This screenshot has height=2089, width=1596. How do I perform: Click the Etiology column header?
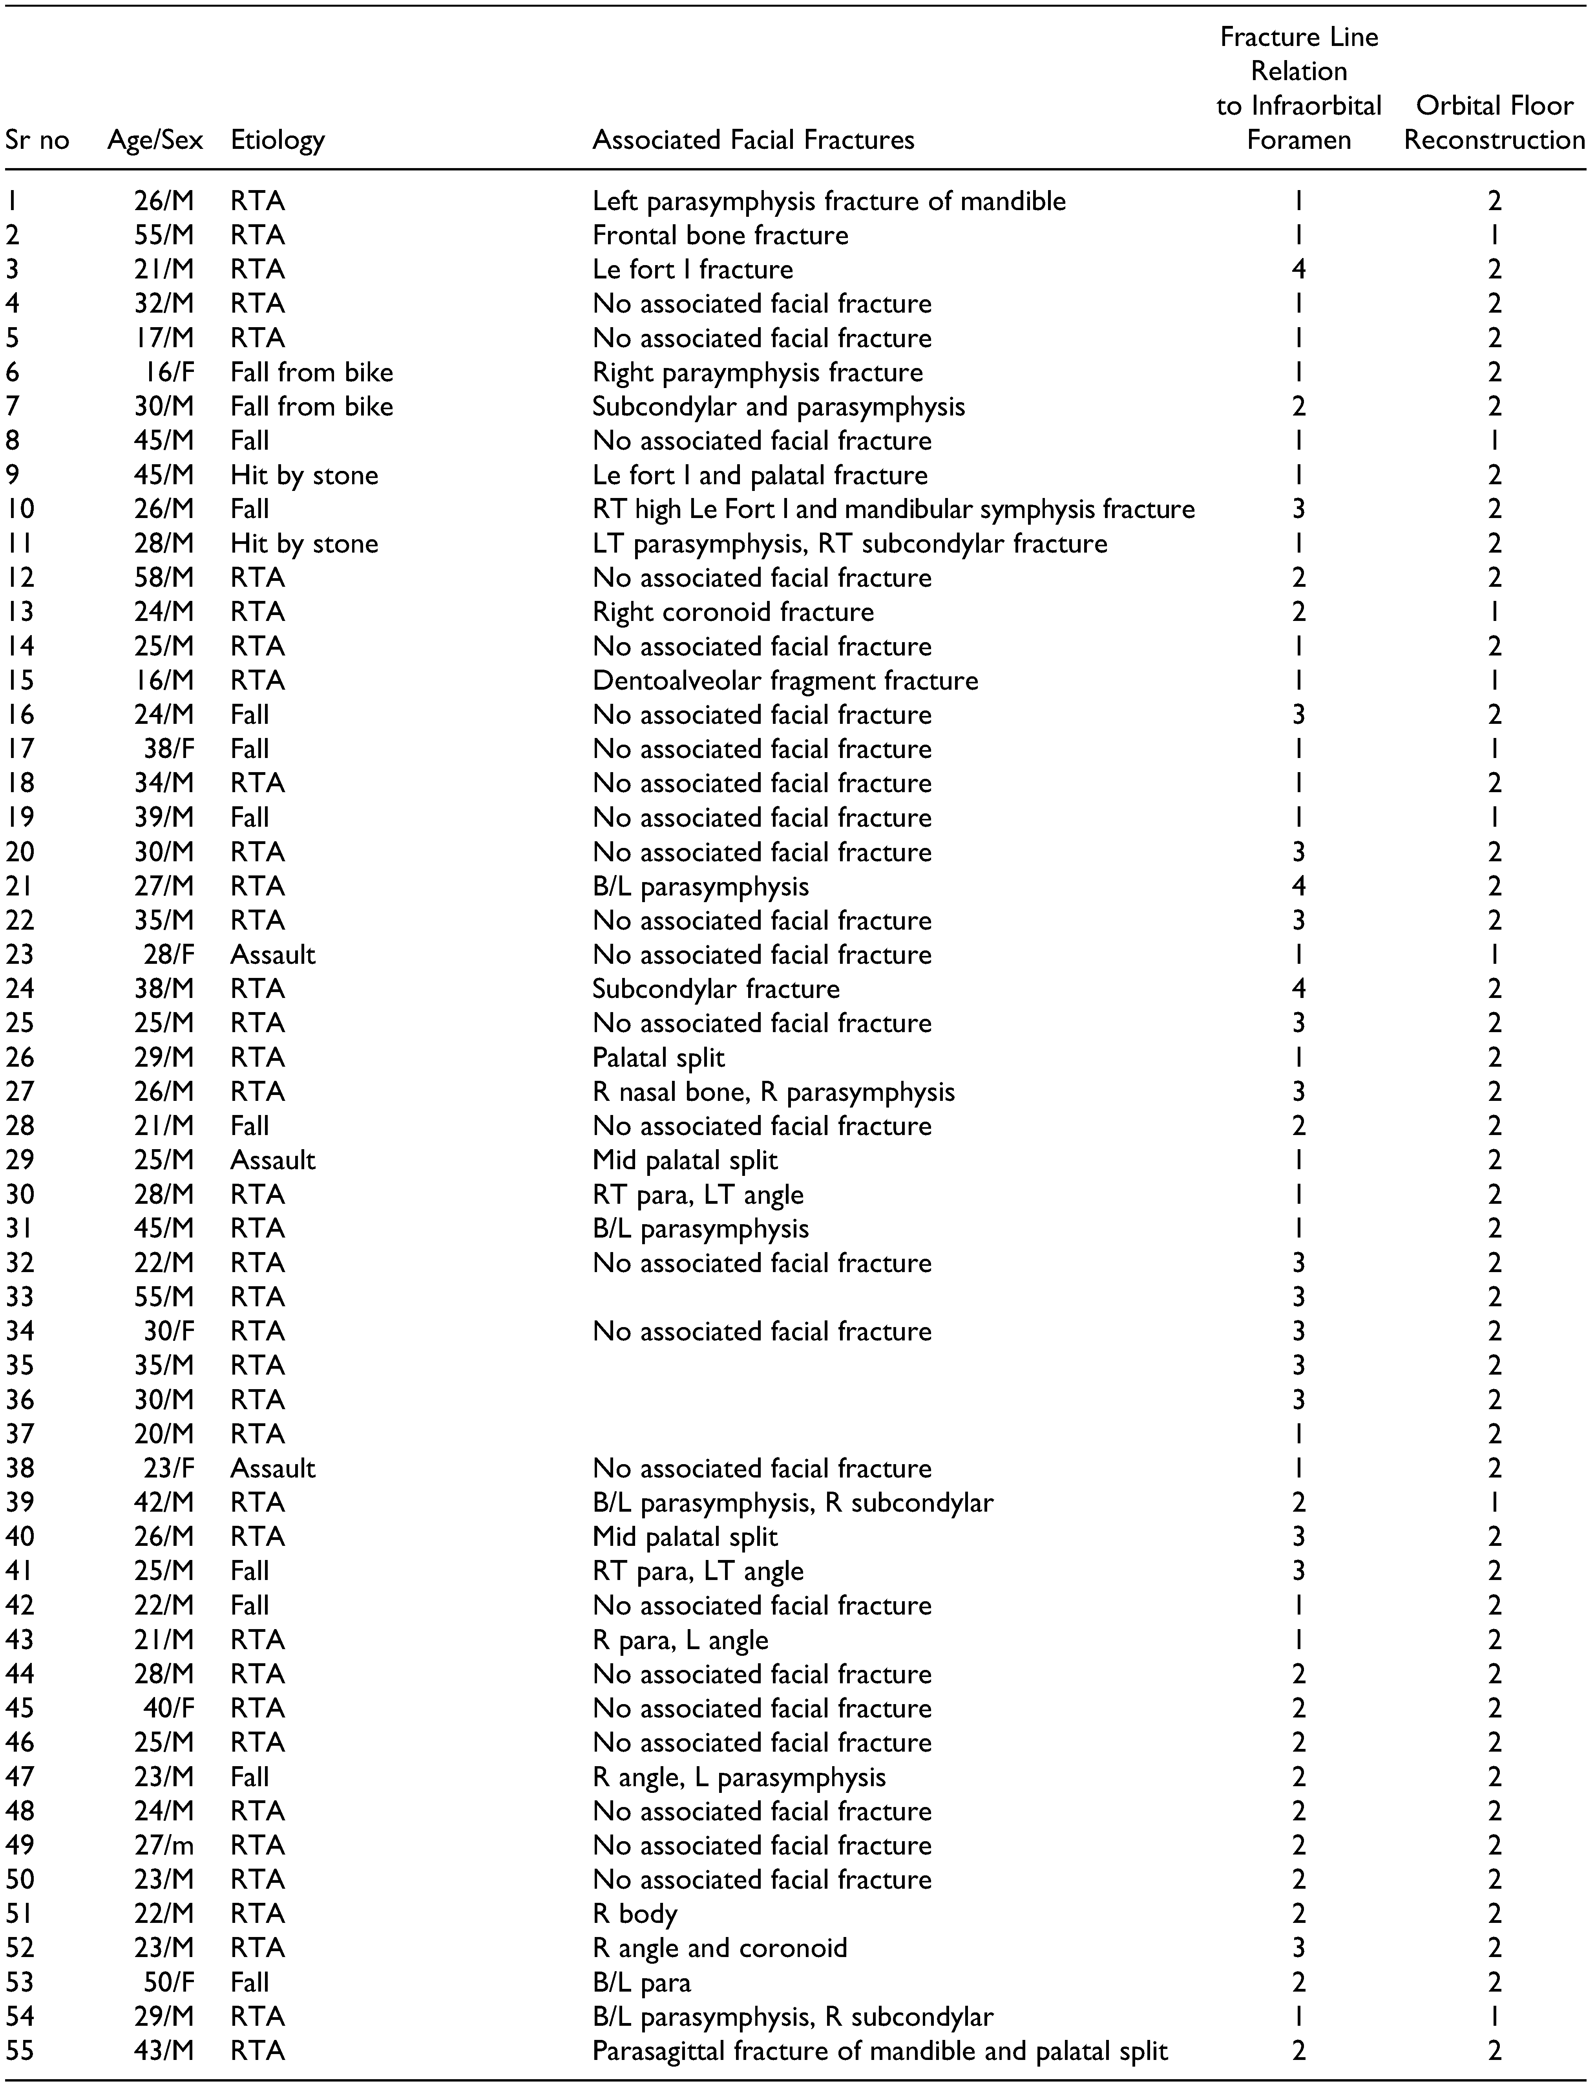click(278, 141)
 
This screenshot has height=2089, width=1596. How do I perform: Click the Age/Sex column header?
click(155, 141)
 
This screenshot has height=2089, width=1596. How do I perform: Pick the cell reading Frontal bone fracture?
click(720, 236)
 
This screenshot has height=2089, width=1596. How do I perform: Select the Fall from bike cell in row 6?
click(312, 373)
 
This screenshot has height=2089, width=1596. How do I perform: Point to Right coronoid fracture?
click(732, 612)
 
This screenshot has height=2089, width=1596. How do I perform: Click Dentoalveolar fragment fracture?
click(785, 681)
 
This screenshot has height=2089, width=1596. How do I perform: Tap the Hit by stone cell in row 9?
click(304, 475)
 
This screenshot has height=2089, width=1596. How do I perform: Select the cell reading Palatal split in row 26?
click(658, 1058)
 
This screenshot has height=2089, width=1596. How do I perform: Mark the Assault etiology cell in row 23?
click(273, 955)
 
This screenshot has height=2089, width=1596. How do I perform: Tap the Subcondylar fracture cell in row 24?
click(715, 989)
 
